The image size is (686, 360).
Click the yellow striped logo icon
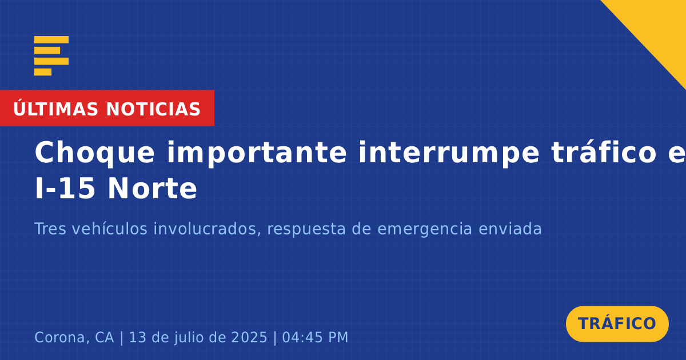(x=51, y=56)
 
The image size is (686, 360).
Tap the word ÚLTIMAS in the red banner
(x=55, y=109)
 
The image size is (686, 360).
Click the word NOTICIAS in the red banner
(x=153, y=109)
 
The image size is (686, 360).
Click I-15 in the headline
(x=65, y=189)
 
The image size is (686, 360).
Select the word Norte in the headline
(x=152, y=189)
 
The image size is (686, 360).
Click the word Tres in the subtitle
(x=50, y=229)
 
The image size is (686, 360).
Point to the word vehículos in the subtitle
(x=110, y=229)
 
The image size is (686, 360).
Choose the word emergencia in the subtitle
(x=424, y=230)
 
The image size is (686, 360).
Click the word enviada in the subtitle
(x=510, y=229)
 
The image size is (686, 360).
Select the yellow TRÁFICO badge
(x=617, y=324)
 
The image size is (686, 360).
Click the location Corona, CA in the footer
(x=74, y=337)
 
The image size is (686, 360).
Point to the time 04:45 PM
(x=315, y=337)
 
